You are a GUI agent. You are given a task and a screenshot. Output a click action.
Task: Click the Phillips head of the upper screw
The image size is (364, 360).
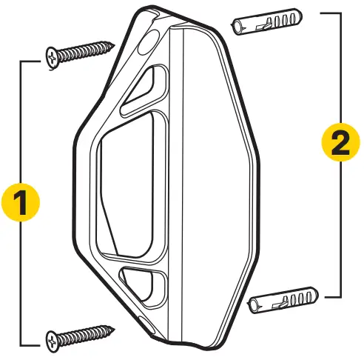click(53, 57)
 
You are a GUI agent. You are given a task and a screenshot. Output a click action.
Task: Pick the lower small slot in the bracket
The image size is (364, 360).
click(144, 281)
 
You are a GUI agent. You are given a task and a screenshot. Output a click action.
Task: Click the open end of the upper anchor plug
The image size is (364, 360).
click(236, 27)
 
